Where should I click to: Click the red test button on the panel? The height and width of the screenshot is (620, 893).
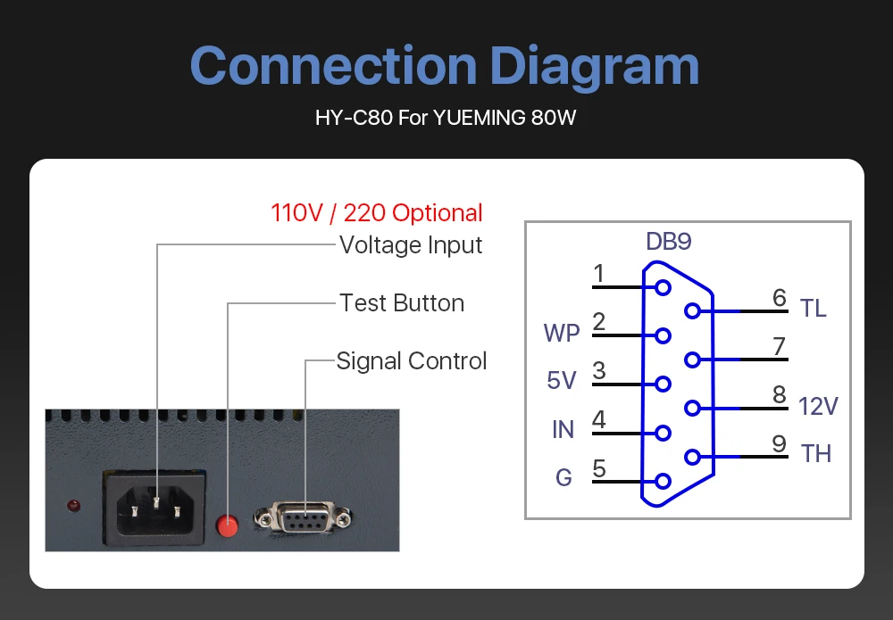click(x=229, y=526)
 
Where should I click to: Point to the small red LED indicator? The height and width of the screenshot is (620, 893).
click(x=73, y=507)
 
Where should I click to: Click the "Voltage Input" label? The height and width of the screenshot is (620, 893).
click(x=411, y=245)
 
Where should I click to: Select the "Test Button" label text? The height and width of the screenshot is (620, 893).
click(x=402, y=303)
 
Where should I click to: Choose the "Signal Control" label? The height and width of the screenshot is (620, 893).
click(x=412, y=361)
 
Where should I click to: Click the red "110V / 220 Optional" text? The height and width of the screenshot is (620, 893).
click(x=376, y=213)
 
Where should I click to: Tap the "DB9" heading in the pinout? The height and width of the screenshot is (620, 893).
click(x=669, y=242)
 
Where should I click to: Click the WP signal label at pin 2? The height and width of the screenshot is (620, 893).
click(x=562, y=334)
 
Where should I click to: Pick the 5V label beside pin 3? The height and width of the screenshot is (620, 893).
click(x=562, y=381)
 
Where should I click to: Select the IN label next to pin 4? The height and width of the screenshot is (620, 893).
click(x=563, y=430)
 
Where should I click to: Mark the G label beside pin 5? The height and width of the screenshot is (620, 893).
click(x=563, y=478)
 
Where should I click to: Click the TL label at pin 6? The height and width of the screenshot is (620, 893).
click(x=814, y=309)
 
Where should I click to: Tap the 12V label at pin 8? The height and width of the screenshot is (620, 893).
click(x=818, y=407)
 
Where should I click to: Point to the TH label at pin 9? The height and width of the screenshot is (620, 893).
click(x=816, y=454)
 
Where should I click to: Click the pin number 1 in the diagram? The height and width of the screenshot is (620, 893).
click(x=599, y=274)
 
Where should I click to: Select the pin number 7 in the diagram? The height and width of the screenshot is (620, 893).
click(x=780, y=346)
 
